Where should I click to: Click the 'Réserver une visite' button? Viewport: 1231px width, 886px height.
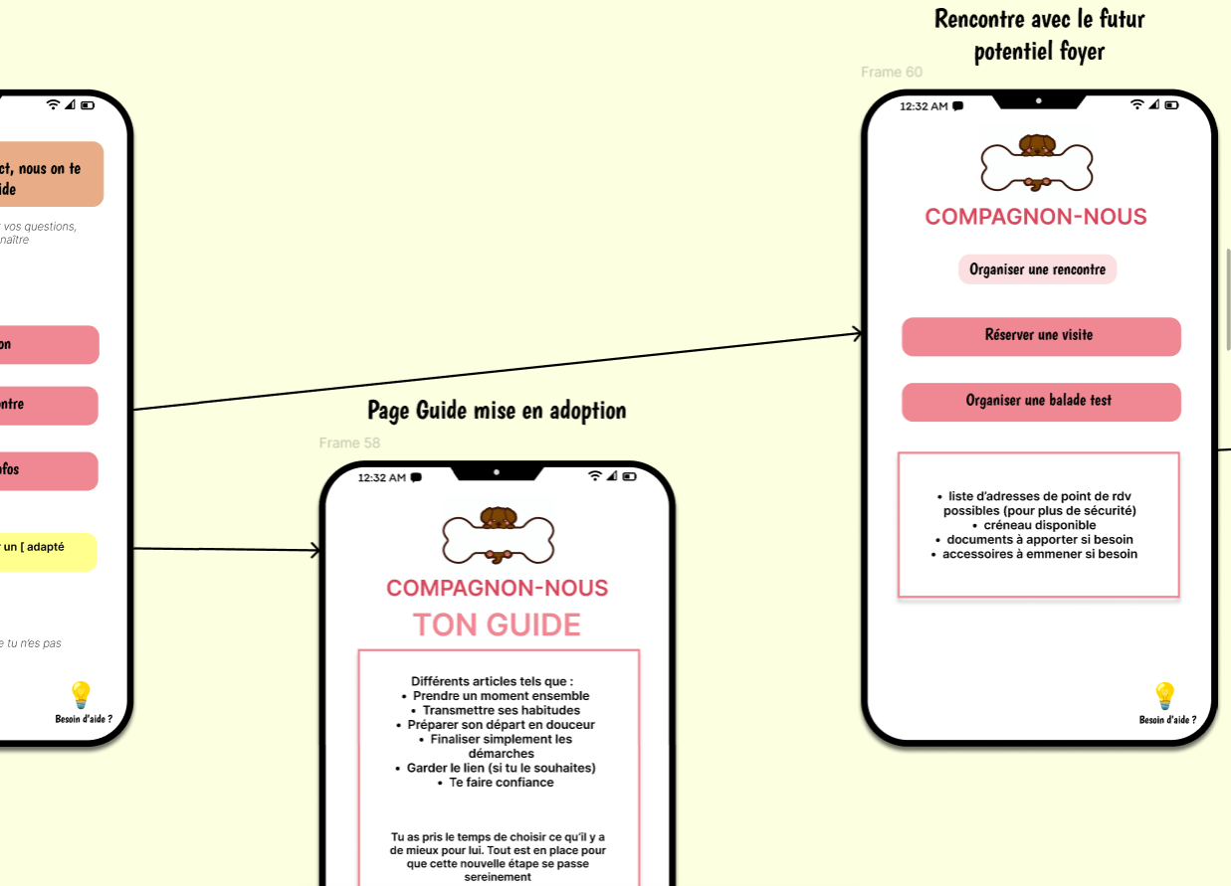pos(1040,336)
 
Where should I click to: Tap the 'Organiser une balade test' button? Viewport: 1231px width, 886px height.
pos(1040,402)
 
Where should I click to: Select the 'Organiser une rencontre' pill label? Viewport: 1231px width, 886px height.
pos(1037,269)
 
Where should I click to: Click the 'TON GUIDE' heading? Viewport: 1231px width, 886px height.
pos(497,624)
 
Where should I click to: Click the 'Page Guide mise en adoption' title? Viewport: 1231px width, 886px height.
pos(497,410)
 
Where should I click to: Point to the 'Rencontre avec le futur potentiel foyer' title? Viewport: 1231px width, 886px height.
pos(1039,34)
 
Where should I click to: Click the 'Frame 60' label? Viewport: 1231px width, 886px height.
pos(891,72)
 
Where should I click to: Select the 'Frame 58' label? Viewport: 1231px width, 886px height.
pos(349,443)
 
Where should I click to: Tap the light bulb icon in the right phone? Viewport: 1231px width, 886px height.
pos(1164,695)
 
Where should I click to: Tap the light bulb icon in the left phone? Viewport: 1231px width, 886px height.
pos(81,694)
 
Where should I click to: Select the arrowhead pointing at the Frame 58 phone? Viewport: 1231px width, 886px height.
pos(316,550)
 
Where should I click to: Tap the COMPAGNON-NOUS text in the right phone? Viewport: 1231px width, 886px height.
pos(1036,217)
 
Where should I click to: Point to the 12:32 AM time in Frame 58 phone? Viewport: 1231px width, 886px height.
pos(381,477)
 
